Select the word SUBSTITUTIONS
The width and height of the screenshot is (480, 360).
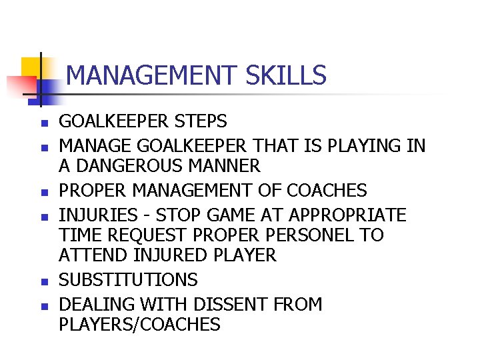point(128,279)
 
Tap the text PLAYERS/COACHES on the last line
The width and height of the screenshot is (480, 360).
point(139,325)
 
